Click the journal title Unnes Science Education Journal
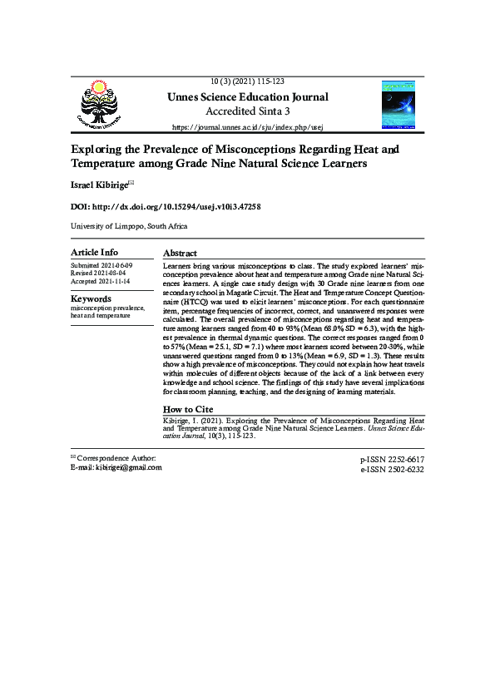[247, 97]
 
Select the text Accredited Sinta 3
[247, 111]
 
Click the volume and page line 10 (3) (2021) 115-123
[247, 81]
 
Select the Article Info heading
[94, 252]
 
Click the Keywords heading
[91, 298]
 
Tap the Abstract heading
[180, 253]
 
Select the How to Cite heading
[187, 409]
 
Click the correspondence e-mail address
[126, 467]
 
